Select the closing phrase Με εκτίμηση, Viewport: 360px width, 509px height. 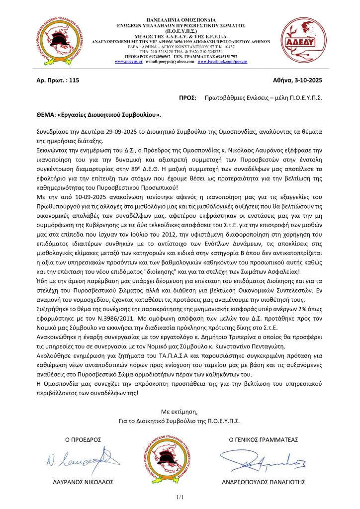pos(180,412)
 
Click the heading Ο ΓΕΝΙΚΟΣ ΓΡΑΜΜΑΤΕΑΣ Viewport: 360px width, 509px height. pos(263,440)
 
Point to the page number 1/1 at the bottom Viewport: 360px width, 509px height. pos(180,498)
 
